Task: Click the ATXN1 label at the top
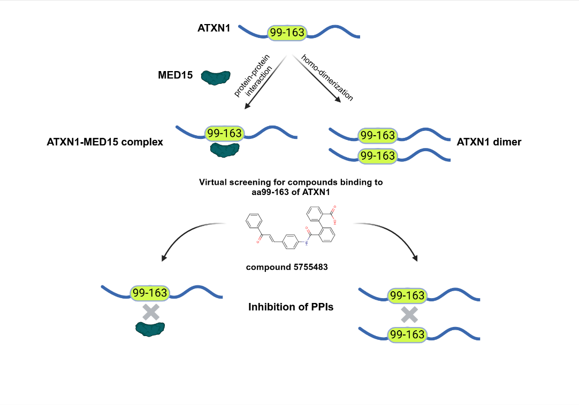[x=214, y=27]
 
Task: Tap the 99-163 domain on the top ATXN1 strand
[x=287, y=33]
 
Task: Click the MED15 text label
[x=176, y=75]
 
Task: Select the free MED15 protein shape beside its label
[x=216, y=77]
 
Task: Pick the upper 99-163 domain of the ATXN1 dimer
[x=378, y=136]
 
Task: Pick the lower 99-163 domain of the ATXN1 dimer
[x=378, y=155]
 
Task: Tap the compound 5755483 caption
[x=287, y=267]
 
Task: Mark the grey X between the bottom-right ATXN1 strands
[x=409, y=315]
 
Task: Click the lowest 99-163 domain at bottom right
[x=407, y=335]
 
